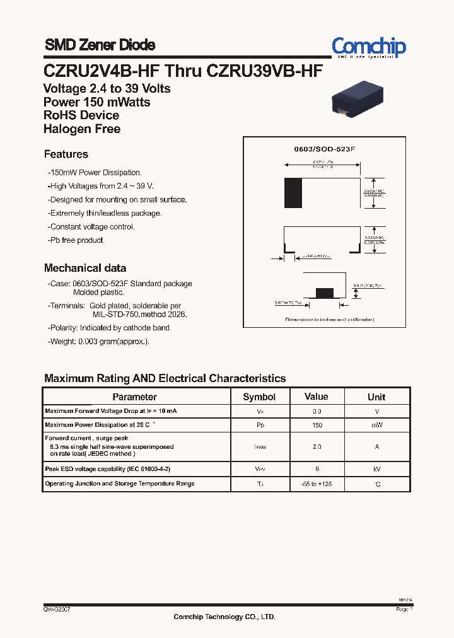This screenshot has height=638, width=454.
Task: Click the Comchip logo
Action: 369,47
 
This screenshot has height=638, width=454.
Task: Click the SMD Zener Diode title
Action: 100,45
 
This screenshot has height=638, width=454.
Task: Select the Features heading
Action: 66,154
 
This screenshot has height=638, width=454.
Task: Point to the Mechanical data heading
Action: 84,268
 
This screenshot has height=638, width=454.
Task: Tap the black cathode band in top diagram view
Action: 293,192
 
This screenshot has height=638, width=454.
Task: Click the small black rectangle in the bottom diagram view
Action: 324,292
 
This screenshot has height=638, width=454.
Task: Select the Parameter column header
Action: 134,397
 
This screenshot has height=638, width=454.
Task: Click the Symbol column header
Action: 259,397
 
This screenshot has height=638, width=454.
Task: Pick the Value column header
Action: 316,397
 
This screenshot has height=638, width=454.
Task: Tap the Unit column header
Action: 376,397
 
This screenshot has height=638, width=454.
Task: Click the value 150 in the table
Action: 317,426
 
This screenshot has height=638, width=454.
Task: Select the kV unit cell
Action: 376,470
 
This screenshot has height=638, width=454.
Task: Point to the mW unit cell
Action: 376,426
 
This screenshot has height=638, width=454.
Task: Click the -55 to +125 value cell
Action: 317,484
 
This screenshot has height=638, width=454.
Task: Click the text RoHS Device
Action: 81,115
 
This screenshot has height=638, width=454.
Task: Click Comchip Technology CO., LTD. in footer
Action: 224,617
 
